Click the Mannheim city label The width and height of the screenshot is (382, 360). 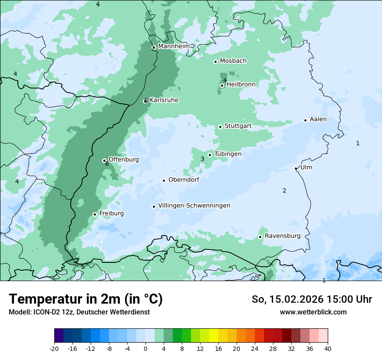(x=174, y=46)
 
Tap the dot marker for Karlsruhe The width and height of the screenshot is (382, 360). (x=145, y=101)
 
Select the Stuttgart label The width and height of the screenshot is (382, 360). (x=238, y=126)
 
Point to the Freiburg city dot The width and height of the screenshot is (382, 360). (x=95, y=214)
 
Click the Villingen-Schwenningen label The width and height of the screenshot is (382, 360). (x=194, y=206)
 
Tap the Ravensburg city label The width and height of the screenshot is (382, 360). (x=283, y=236)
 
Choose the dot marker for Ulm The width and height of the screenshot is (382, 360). (x=296, y=168)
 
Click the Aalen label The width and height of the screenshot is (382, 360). (x=318, y=119)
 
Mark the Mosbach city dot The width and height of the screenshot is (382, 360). (x=215, y=62)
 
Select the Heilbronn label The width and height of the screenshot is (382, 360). (x=241, y=85)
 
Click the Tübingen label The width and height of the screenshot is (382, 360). (x=228, y=154)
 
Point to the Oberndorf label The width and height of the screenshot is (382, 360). (x=184, y=180)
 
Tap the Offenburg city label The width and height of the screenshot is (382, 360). (x=124, y=160)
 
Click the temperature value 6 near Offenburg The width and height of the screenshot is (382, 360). (x=107, y=164)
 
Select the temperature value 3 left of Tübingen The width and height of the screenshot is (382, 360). (x=202, y=159)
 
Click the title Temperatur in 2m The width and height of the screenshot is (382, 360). (x=86, y=299)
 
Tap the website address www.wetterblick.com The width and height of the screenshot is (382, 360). (x=313, y=312)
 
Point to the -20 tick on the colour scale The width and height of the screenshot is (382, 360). (x=54, y=348)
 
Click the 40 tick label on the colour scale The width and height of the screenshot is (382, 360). (x=327, y=348)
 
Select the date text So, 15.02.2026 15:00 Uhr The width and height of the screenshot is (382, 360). (x=312, y=299)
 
